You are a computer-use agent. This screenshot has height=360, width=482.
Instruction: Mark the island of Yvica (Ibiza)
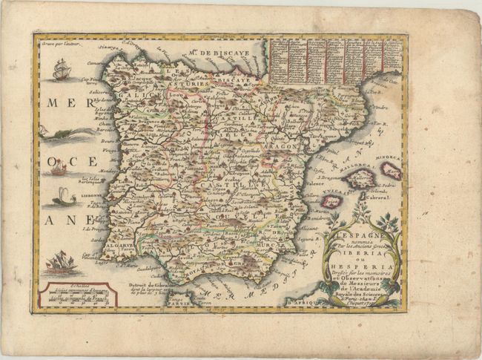[340, 200]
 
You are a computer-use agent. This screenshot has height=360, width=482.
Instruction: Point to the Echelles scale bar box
[75, 295]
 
